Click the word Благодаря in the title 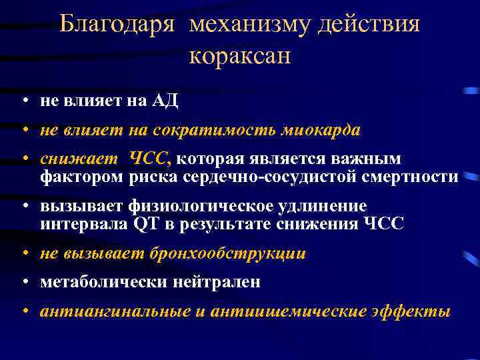point(117,25)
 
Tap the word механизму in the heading point(243,25)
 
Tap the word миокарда point(325,131)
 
